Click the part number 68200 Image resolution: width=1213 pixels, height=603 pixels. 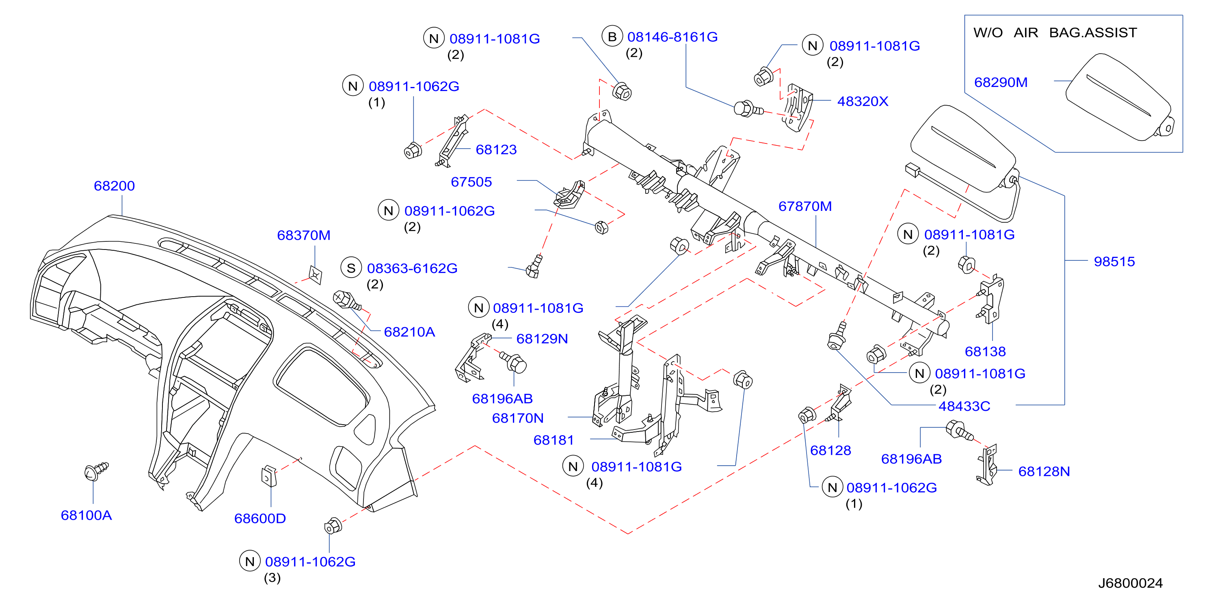(114, 186)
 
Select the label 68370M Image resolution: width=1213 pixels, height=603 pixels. (304, 235)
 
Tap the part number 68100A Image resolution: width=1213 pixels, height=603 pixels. (86, 515)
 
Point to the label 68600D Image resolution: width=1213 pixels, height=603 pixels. (260, 518)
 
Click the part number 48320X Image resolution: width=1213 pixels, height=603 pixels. (863, 101)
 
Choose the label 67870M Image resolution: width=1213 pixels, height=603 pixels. (805, 206)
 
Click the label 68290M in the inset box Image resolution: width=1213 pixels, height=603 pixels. (1001, 82)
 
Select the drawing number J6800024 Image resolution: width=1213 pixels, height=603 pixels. (1130, 583)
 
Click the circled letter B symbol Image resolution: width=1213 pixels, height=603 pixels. (612, 37)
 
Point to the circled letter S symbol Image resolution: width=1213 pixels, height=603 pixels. (351, 268)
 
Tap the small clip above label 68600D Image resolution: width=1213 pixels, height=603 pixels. (269, 476)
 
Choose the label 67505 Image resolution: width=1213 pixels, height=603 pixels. (471, 182)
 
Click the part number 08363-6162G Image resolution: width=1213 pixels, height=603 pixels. (412, 268)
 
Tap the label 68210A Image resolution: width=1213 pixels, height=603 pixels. (409, 332)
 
